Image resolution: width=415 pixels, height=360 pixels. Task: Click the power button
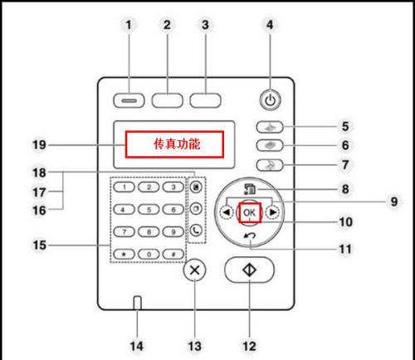pos(271,100)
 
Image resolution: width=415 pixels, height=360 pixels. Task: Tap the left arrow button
pos(227,212)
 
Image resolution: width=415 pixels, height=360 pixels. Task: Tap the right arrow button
pos(272,212)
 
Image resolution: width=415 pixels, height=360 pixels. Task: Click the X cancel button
pos(195,270)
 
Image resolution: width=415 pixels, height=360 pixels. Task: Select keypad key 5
pos(149,210)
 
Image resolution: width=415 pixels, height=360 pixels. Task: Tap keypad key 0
pos(149,254)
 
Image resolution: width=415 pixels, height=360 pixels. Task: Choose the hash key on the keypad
pos(173,254)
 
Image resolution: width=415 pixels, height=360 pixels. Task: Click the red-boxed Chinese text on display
pos(177,144)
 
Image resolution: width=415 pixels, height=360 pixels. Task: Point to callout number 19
pos(39,144)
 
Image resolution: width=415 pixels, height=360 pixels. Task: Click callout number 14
pos(137,346)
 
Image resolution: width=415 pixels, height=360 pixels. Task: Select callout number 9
pos(394,202)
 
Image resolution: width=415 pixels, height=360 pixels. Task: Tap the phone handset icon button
pos(196,231)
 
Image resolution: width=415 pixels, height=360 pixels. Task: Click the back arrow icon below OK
pos(250,236)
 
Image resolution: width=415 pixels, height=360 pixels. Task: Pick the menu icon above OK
pos(249,189)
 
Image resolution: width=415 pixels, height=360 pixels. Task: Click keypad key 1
pos(124,187)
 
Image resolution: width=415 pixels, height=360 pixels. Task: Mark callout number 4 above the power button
pos(270,25)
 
